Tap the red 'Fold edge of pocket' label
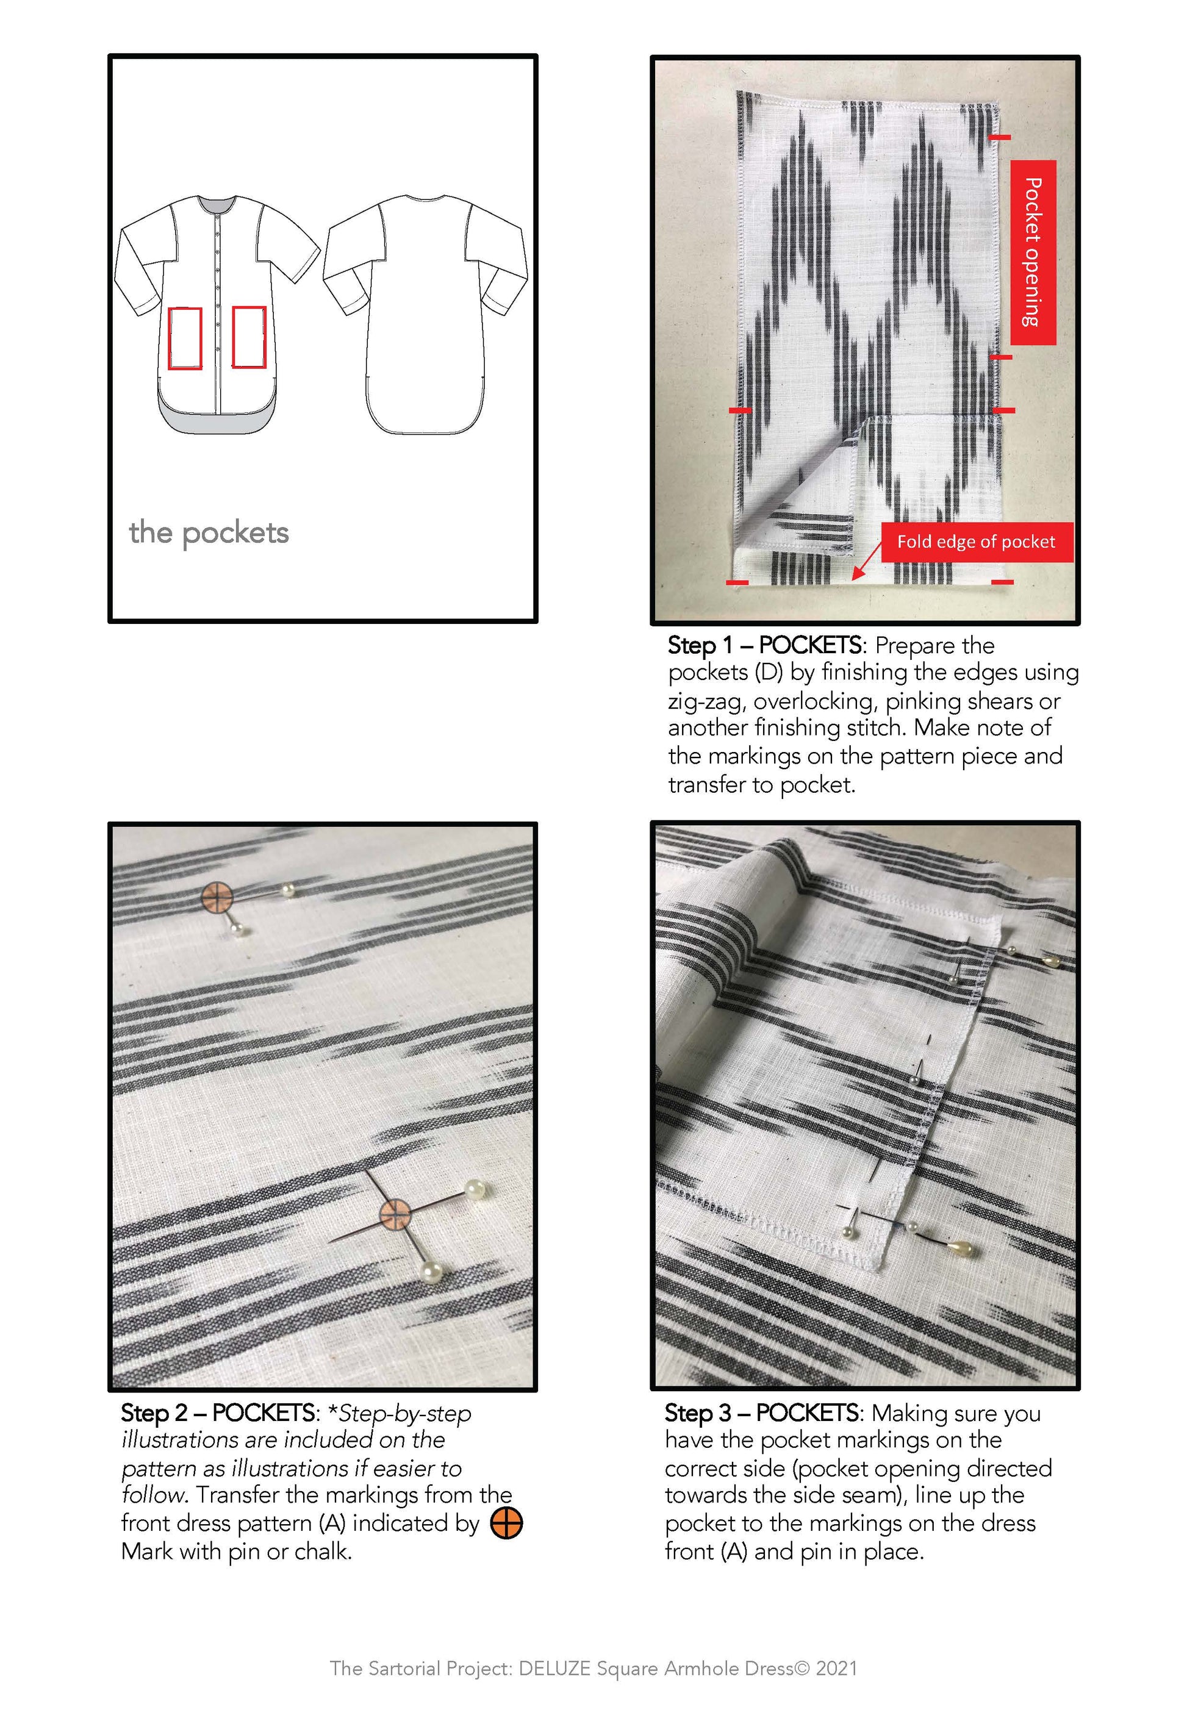point(977,542)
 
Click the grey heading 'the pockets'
point(209,533)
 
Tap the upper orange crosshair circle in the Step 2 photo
point(217,898)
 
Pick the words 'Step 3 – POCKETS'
point(762,1412)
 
